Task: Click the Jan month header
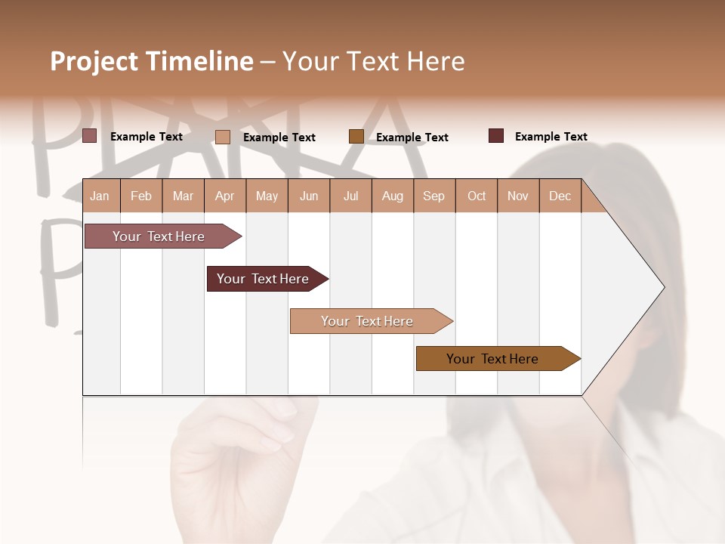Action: tap(100, 196)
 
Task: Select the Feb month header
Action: tap(141, 196)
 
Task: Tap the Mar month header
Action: tap(183, 196)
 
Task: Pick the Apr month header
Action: tap(225, 196)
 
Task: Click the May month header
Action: tap(267, 196)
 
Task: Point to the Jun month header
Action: tap(309, 196)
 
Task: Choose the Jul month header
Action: tap(350, 196)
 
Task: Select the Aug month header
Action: tap(393, 196)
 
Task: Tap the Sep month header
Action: tap(434, 196)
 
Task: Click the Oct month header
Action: tap(477, 196)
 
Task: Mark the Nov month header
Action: tap(518, 196)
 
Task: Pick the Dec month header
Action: tap(560, 196)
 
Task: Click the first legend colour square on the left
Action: tap(89, 136)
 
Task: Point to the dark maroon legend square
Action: tap(496, 136)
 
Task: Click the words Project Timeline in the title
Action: tap(152, 61)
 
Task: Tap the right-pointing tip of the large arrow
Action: tap(662, 287)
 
